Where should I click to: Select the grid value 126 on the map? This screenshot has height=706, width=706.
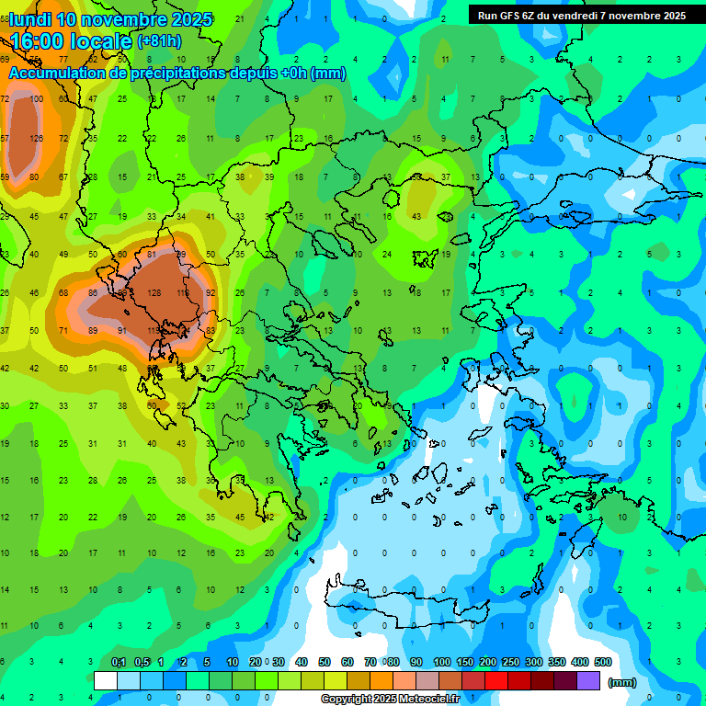37,139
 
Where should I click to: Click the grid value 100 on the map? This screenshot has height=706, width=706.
37,98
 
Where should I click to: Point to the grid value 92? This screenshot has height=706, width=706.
211,293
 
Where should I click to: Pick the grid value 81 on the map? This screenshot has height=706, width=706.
152,255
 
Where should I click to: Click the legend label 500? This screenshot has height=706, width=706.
602,662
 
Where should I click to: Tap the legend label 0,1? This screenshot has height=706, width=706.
119,662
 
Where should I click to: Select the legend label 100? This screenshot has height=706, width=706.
441,662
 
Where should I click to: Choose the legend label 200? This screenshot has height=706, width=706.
487,662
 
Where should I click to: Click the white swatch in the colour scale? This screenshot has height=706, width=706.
106,681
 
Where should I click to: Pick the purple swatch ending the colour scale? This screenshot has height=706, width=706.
588,681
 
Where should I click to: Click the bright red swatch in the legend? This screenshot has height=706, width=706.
496,681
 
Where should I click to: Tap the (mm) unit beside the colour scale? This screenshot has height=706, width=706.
622,682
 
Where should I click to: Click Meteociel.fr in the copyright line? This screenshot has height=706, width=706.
430,700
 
